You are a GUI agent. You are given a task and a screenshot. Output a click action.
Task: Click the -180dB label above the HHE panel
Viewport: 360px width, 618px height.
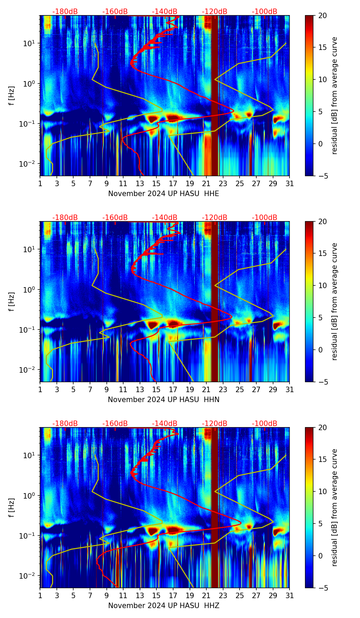65,12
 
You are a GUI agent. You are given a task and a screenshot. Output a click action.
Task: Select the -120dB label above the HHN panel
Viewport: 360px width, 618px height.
215,218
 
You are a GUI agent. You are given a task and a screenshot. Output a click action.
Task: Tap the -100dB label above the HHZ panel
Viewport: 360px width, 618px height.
265,424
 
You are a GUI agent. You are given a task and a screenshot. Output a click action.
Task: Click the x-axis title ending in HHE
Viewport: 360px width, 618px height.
164,194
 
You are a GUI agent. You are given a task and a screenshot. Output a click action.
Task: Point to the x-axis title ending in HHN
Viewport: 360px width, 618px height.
164,400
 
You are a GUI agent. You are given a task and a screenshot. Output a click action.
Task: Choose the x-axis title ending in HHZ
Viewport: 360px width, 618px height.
164,606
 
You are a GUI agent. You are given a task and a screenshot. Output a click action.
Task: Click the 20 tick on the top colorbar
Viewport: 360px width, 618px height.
322,16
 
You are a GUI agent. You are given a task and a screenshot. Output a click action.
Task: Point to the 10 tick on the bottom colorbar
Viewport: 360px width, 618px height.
322,492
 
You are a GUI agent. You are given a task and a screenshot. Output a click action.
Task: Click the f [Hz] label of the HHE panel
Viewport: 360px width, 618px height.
12,96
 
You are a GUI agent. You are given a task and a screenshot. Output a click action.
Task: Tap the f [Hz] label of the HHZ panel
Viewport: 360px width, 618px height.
12,508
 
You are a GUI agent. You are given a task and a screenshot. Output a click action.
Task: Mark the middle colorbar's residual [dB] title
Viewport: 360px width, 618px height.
335,301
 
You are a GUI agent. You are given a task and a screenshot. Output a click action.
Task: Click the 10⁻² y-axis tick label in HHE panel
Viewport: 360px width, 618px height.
29,164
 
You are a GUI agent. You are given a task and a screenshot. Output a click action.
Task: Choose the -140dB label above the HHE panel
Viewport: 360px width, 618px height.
165,12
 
